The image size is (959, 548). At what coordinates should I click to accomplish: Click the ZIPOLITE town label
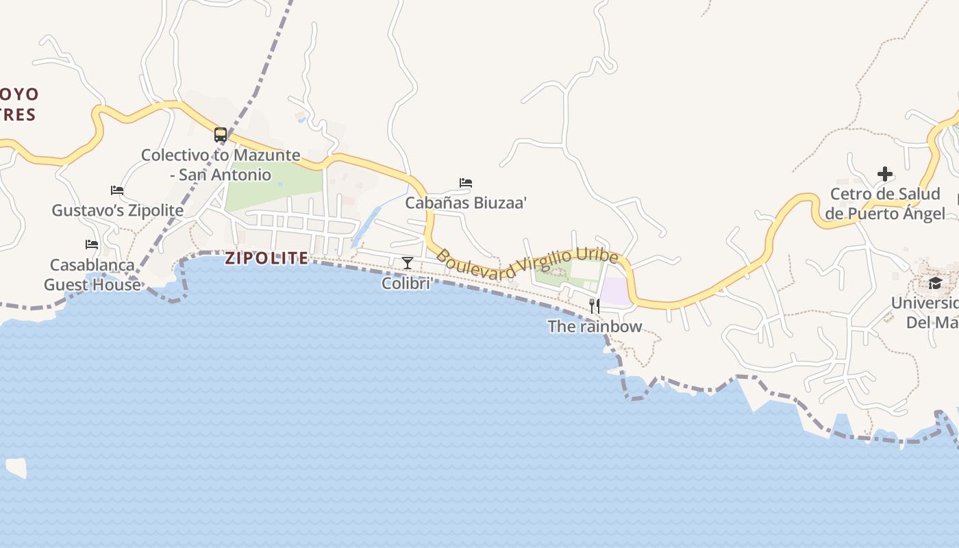pyautogui.click(x=266, y=258)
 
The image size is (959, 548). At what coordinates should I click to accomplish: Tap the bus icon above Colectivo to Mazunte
pyautogui.click(x=220, y=135)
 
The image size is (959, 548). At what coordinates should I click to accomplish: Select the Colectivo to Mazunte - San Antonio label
pyautogui.click(x=221, y=165)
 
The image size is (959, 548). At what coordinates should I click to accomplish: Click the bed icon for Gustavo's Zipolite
pyautogui.click(x=117, y=190)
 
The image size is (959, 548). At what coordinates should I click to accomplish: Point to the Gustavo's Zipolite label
pyautogui.click(x=118, y=210)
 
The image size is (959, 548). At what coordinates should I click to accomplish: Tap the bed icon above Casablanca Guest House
pyautogui.click(x=92, y=245)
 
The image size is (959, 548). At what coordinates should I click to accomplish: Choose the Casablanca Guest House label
pyautogui.click(x=92, y=275)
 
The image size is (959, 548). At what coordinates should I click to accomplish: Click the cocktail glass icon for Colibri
pyautogui.click(x=408, y=262)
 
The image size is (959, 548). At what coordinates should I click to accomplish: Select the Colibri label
pyautogui.click(x=406, y=283)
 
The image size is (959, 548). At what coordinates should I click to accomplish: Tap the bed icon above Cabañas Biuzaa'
pyautogui.click(x=466, y=183)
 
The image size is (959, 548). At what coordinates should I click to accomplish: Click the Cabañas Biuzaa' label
pyautogui.click(x=466, y=203)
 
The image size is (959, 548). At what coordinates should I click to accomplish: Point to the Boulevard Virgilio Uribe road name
pyautogui.click(x=527, y=264)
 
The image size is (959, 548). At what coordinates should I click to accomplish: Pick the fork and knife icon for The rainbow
pyautogui.click(x=595, y=306)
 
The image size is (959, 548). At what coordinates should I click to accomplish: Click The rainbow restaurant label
pyautogui.click(x=595, y=327)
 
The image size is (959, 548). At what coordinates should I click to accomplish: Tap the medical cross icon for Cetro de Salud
pyautogui.click(x=885, y=174)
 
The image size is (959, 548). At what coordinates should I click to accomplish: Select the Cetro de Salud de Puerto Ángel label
pyautogui.click(x=885, y=203)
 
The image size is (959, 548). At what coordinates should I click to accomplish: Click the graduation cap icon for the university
pyautogui.click(x=935, y=284)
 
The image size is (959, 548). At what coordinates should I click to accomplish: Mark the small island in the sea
pyautogui.click(x=16, y=468)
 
